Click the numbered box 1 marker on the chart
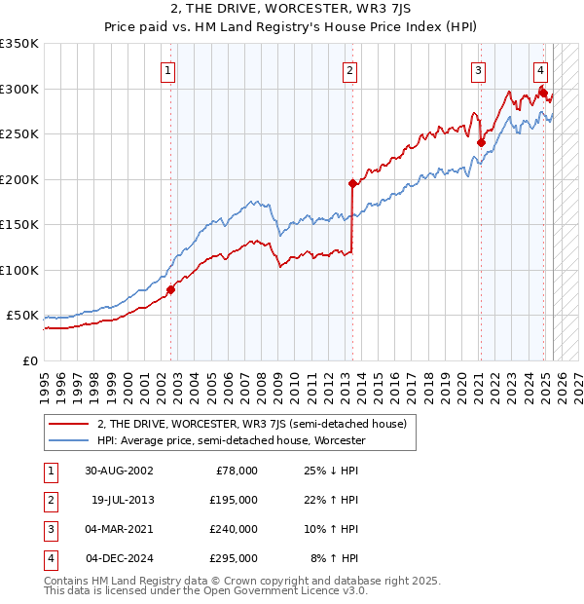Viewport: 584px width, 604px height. coord(168,70)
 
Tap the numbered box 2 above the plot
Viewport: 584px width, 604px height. coord(348,70)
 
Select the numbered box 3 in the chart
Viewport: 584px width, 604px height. coord(479,70)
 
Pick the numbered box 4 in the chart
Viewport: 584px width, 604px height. coord(540,70)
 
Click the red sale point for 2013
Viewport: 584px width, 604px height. coord(352,183)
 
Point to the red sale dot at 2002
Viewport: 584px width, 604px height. coord(170,289)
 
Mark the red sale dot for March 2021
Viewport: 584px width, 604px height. coord(481,142)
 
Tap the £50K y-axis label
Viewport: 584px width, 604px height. coord(22,316)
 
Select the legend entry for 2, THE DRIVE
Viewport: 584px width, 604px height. coord(257,424)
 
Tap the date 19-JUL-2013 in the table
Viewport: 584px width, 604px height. coord(123,500)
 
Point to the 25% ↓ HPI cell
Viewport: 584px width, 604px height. coord(332,471)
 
